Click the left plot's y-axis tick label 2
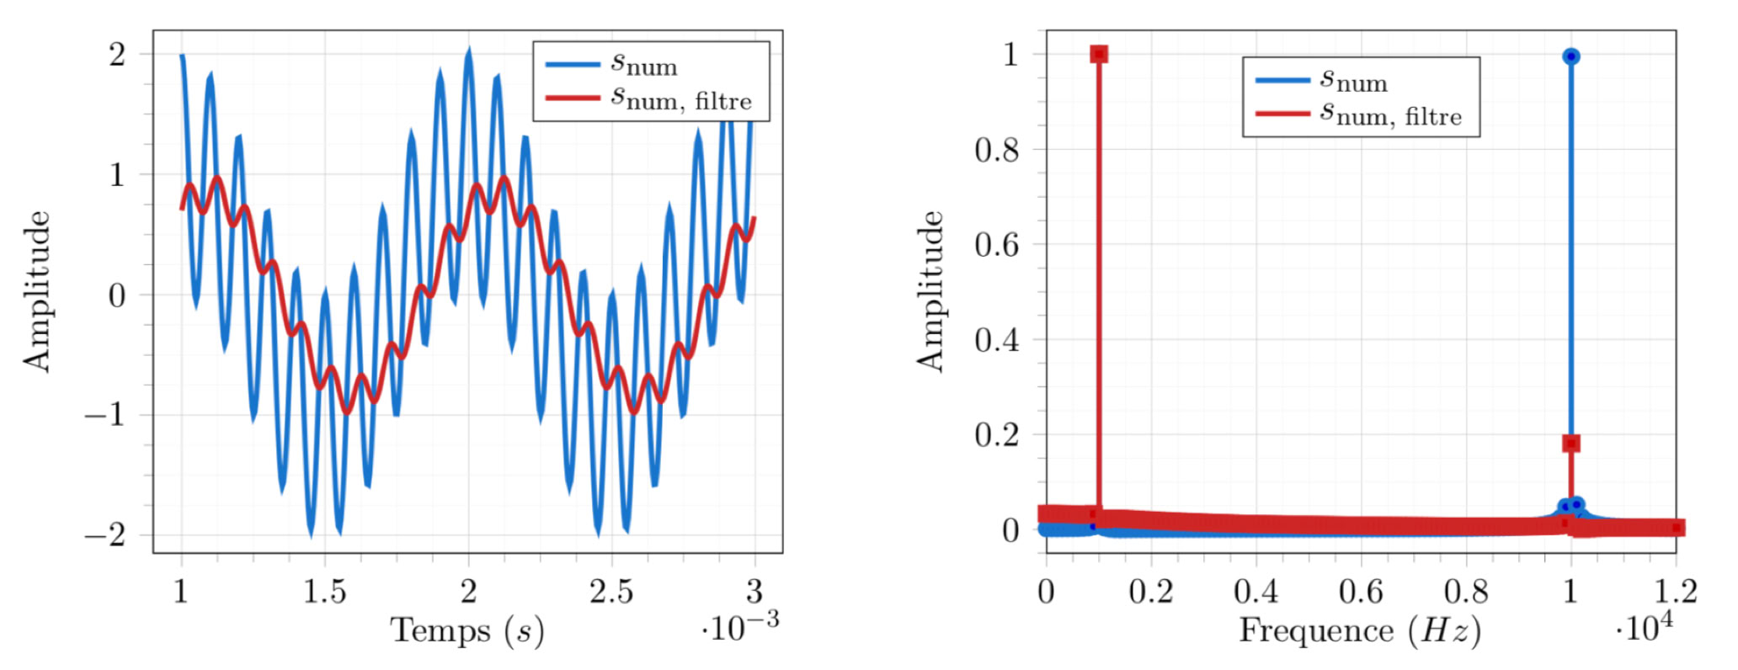(117, 55)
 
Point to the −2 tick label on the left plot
(106, 534)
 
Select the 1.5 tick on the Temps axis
(324, 592)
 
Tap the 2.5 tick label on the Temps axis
(610, 592)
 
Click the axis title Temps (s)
(466, 630)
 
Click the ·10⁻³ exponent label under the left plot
(739, 625)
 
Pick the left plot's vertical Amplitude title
(37, 291)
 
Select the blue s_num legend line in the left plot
(572, 65)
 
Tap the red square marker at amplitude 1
(1098, 55)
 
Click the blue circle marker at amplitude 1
(1570, 56)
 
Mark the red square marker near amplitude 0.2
(1570, 444)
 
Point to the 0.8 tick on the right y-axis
(996, 150)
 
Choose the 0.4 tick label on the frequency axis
(1256, 592)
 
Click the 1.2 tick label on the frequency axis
(1675, 592)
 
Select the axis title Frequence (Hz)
(1359, 630)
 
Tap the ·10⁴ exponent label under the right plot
(1644, 627)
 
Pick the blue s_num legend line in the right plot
(1282, 81)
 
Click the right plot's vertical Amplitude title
(930, 291)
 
